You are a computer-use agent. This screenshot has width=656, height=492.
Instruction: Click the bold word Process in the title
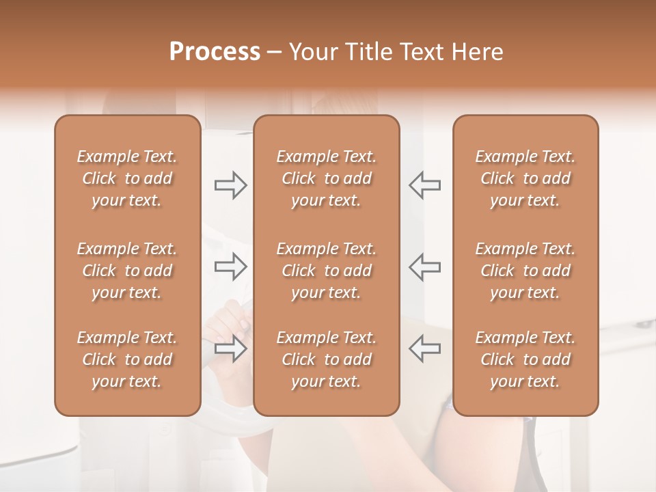(215, 52)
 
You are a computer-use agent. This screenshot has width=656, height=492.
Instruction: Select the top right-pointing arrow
(230, 185)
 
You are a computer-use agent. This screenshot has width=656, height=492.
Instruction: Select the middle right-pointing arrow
(230, 266)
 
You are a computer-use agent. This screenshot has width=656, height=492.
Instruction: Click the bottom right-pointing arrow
(230, 348)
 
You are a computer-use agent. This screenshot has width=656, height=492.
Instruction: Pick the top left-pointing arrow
(425, 185)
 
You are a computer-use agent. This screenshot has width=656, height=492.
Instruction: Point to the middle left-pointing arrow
(425, 266)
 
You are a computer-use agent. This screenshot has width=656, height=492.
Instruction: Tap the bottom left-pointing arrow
(425, 348)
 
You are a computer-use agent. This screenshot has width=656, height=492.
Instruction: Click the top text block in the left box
(127, 178)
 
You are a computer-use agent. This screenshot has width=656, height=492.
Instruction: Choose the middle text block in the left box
(127, 271)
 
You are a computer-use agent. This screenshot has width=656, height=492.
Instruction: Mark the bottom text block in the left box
(127, 359)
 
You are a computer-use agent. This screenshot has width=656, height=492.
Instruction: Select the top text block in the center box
(326, 178)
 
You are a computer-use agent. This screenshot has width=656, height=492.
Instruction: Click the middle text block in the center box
(326, 271)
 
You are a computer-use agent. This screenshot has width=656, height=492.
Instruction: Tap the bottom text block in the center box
(326, 359)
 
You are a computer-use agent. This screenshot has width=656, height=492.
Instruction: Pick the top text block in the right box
(525, 178)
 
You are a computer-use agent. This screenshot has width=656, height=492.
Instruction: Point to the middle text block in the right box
(525, 271)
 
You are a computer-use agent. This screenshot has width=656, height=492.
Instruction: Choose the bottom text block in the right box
(525, 359)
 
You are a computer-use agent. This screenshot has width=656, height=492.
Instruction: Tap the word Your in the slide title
(311, 52)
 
